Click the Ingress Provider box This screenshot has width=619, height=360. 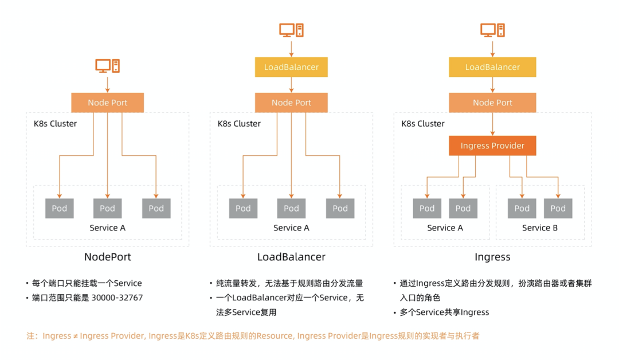click(x=492, y=146)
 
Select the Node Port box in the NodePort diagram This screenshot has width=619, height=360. click(x=107, y=103)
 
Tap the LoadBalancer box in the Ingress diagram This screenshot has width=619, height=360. click(x=492, y=67)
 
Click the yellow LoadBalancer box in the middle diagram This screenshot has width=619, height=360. click(x=291, y=67)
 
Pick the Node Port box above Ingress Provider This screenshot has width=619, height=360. click(x=492, y=103)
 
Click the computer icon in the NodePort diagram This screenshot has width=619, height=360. click(x=107, y=65)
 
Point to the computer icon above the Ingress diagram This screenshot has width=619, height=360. click(x=492, y=30)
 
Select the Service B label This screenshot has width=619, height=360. click(x=540, y=228)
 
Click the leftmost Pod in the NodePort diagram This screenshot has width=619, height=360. click(x=59, y=209)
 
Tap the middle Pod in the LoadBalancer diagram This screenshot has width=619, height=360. click(x=291, y=209)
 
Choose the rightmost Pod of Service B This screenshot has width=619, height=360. click(x=558, y=209)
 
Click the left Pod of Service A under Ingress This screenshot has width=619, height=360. click(x=427, y=209)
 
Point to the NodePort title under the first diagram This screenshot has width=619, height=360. click(x=107, y=257)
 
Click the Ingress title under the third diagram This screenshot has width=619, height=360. click(x=492, y=257)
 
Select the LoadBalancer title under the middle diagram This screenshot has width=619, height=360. click(x=291, y=257)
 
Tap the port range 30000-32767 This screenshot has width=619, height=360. click(x=117, y=298)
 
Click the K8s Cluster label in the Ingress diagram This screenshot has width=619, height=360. click(x=423, y=124)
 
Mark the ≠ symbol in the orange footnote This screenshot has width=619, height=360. click(x=75, y=336)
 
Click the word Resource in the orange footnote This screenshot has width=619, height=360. click(x=275, y=336)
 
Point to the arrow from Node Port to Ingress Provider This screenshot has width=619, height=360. click(x=492, y=124)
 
